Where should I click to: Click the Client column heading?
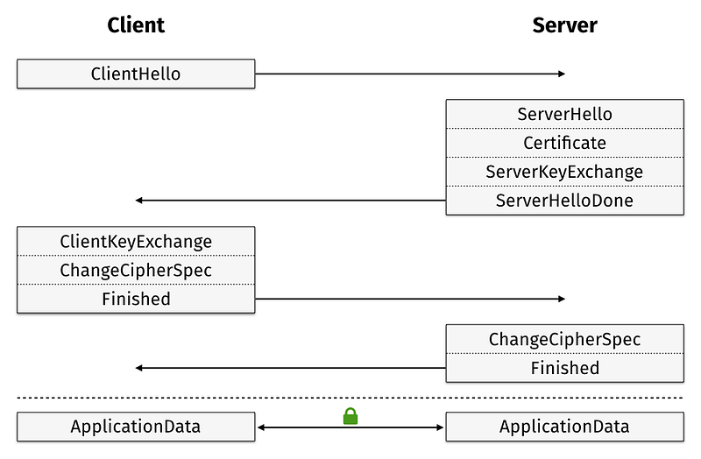click(x=136, y=25)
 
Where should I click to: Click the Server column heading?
click(x=564, y=25)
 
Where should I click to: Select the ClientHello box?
click(x=136, y=74)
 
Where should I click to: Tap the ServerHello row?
click(x=564, y=114)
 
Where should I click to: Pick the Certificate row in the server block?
click(x=564, y=143)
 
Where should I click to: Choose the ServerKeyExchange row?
click(x=564, y=172)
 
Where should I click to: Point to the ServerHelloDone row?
click(x=564, y=201)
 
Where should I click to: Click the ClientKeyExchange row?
click(x=136, y=242)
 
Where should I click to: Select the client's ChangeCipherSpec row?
click(x=136, y=270)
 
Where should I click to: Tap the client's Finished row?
click(x=136, y=299)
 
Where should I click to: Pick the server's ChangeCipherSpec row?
click(x=564, y=339)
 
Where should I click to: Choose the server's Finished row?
click(x=564, y=368)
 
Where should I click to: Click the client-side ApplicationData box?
click(x=136, y=427)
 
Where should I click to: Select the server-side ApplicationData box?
click(x=564, y=427)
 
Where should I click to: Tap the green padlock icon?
click(x=350, y=416)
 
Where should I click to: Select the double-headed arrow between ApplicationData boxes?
click(x=350, y=427)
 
